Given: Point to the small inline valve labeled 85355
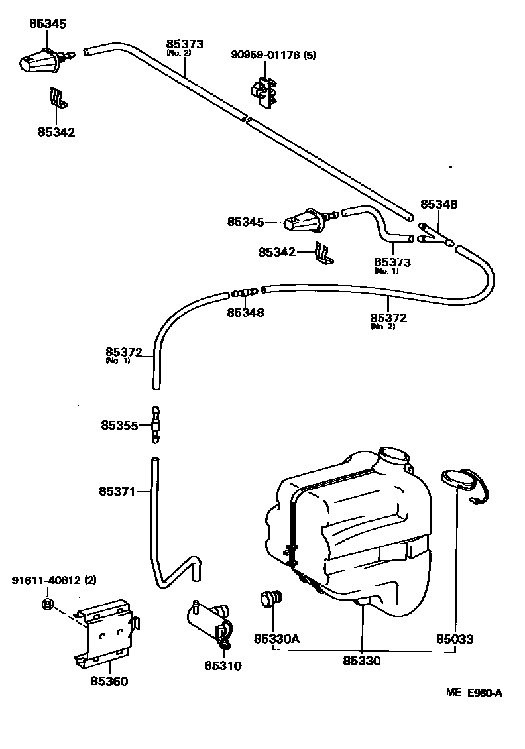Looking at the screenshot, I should click(155, 425).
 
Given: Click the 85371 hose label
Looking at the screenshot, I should click(117, 492).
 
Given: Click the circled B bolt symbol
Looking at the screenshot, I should click(48, 603).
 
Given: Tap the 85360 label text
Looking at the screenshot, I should click(109, 681).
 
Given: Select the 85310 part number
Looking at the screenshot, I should click(223, 666).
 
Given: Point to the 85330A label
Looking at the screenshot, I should click(276, 639).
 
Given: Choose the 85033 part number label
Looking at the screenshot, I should click(455, 639).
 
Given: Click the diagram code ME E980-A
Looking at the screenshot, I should click(474, 693).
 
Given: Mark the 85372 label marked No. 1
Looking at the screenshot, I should click(123, 352).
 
